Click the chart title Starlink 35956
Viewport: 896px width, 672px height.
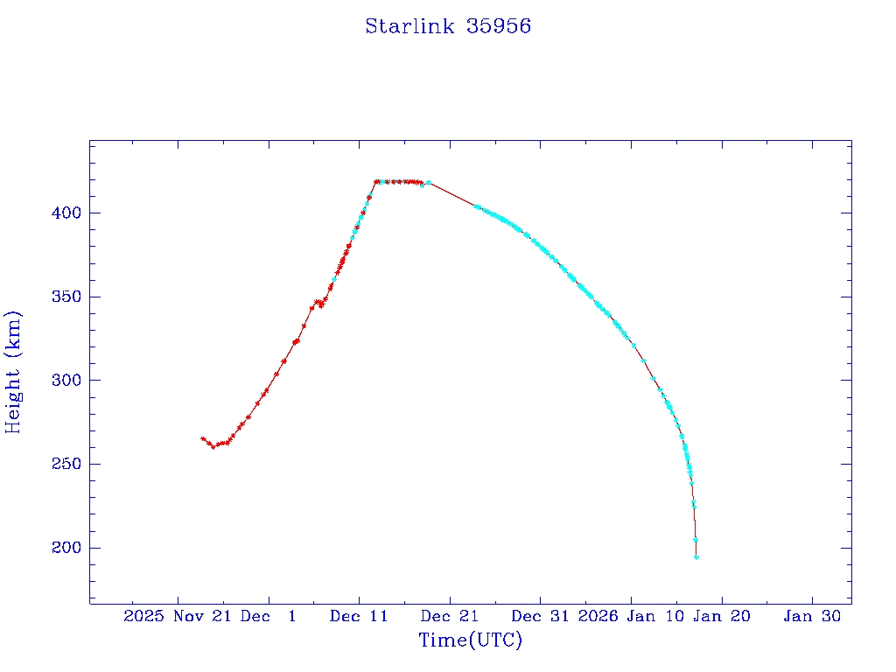448,26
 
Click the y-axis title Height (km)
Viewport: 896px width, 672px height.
13,371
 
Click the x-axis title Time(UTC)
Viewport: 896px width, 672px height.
470,640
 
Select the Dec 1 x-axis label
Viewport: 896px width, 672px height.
268,616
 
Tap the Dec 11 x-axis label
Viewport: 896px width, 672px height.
359,616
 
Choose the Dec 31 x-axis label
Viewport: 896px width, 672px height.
540,616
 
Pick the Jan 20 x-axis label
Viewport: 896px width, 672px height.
721,616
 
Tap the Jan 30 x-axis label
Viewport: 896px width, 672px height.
812,616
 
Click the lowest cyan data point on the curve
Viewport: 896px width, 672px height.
696,556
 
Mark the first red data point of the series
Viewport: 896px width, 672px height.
202,438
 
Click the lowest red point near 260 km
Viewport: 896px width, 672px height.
213,447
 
